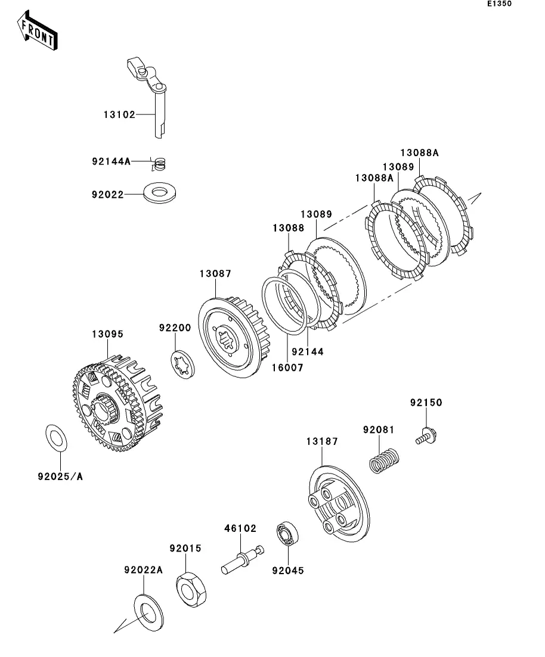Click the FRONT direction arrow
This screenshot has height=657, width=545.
click(38, 31)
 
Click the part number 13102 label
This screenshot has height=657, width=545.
click(120, 114)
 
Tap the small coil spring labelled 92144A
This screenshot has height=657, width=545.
click(160, 164)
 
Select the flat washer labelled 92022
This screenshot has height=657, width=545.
click(159, 193)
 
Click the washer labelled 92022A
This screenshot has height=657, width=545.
click(148, 612)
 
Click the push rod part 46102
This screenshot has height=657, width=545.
click(243, 559)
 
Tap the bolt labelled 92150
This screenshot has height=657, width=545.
click(427, 436)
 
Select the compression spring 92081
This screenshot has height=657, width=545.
click(384, 460)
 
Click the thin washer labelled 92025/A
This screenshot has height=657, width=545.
click(56, 438)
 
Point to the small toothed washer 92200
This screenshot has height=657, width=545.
click(183, 364)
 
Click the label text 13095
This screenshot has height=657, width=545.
click(108, 334)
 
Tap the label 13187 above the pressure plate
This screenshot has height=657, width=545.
click(322, 441)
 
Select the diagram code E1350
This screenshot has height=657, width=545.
click(499, 4)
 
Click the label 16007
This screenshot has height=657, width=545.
click(287, 368)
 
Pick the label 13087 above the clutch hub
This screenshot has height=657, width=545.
click(215, 273)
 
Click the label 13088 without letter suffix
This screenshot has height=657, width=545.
click(289, 228)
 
